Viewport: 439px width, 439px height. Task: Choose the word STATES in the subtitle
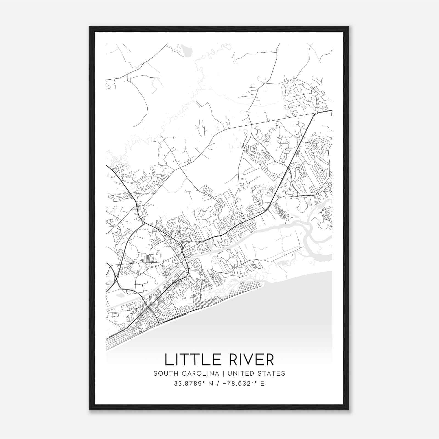[x=272, y=373]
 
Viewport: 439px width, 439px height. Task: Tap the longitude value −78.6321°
[x=240, y=384]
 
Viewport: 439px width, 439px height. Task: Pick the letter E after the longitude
[x=263, y=384]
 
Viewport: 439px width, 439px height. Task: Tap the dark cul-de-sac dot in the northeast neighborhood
[x=303, y=95]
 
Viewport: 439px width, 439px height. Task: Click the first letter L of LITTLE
[x=168, y=360]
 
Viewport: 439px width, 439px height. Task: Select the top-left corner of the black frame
[x=90, y=27]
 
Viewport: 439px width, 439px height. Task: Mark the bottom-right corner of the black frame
[x=348, y=410]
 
